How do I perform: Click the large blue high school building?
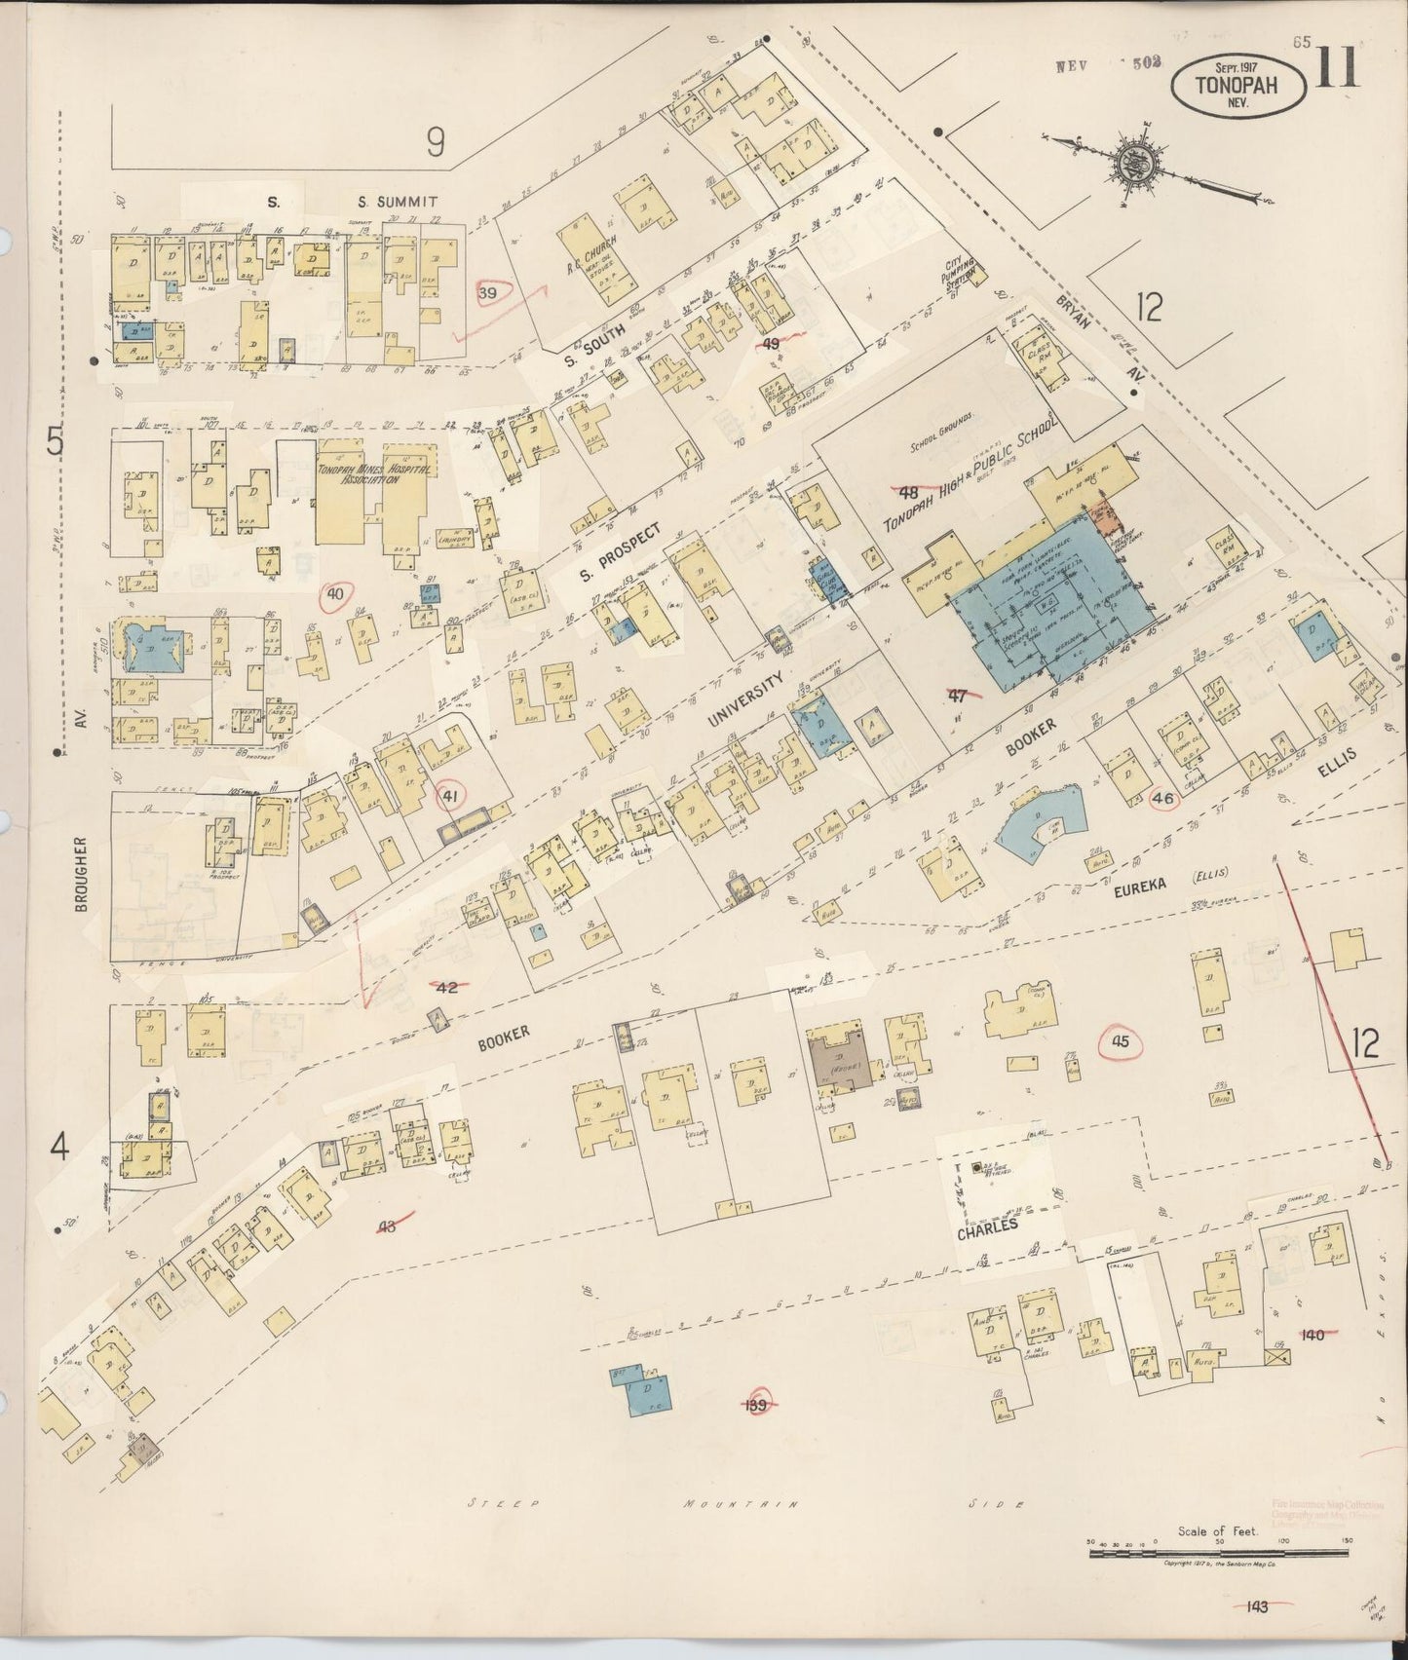pyautogui.click(x=1047, y=609)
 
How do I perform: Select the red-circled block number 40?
pyautogui.click(x=336, y=593)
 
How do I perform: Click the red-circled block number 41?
pyautogui.click(x=449, y=796)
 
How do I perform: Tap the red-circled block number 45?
pyautogui.click(x=1120, y=1042)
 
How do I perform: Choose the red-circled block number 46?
pyautogui.click(x=1162, y=798)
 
